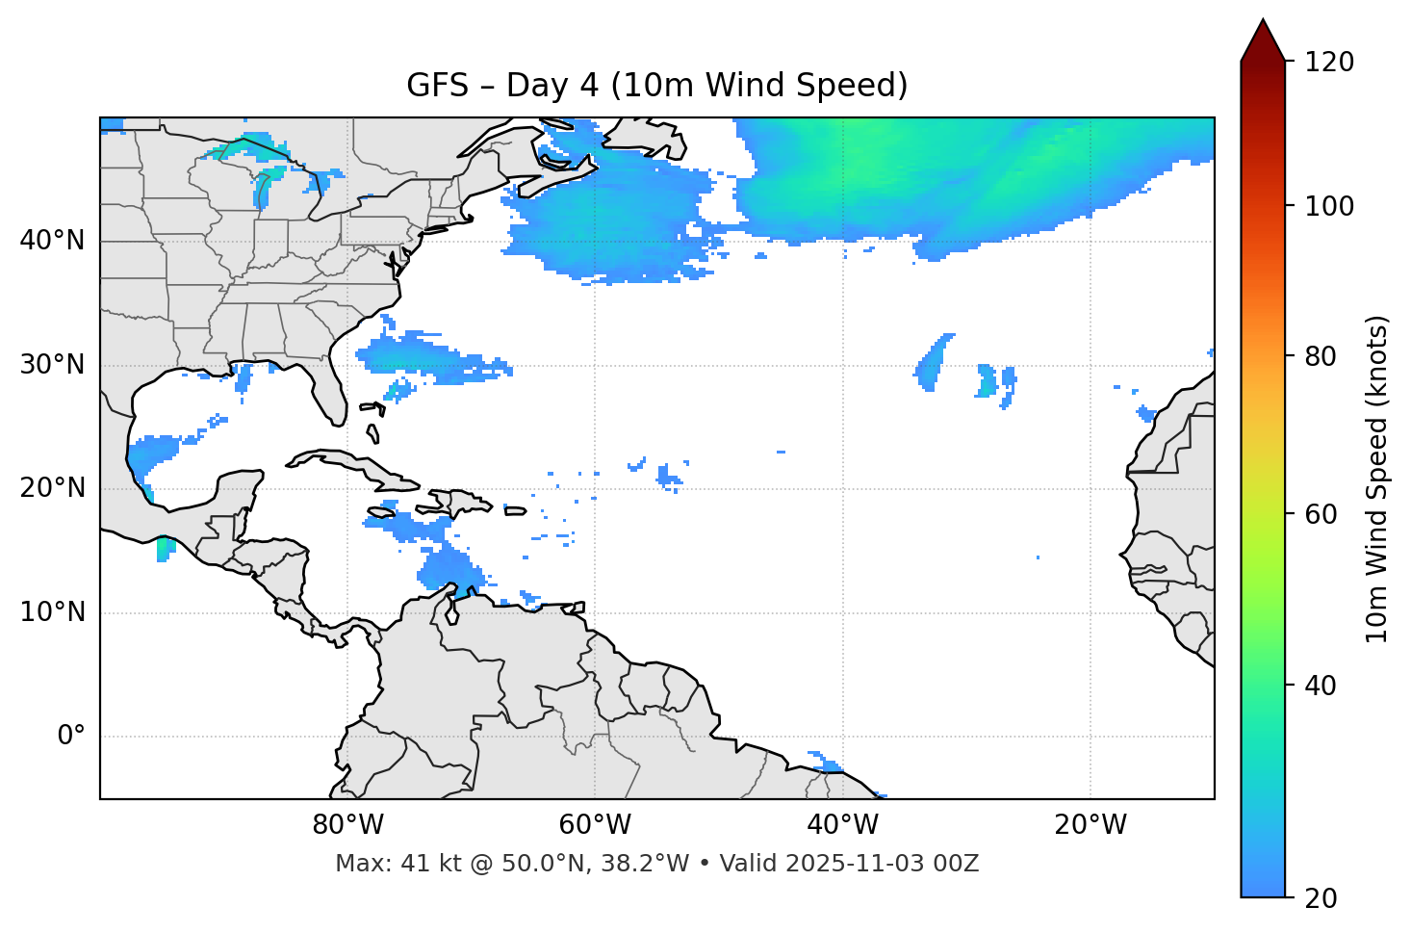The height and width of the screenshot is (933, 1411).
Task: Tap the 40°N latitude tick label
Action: (x=52, y=241)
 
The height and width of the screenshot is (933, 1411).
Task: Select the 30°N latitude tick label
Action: (x=52, y=365)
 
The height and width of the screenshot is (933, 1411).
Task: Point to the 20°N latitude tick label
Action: (x=52, y=488)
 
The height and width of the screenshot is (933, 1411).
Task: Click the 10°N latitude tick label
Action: (x=52, y=612)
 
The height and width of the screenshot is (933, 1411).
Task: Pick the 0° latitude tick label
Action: (x=71, y=737)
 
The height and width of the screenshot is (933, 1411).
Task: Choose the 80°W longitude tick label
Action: (x=347, y=825)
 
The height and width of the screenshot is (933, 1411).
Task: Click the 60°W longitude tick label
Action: (x=595, y=825)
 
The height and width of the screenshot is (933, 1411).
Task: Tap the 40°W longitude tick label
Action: (x=842, y=825)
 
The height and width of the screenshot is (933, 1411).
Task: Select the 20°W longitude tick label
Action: (x=1090, y=825)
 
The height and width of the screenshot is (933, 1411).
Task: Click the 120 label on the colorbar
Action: (x=1329, y=63)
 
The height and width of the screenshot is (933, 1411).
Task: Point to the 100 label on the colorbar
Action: (x=1329, y=206)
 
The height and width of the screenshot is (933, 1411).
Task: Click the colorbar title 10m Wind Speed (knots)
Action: (x=1377, y=479)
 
